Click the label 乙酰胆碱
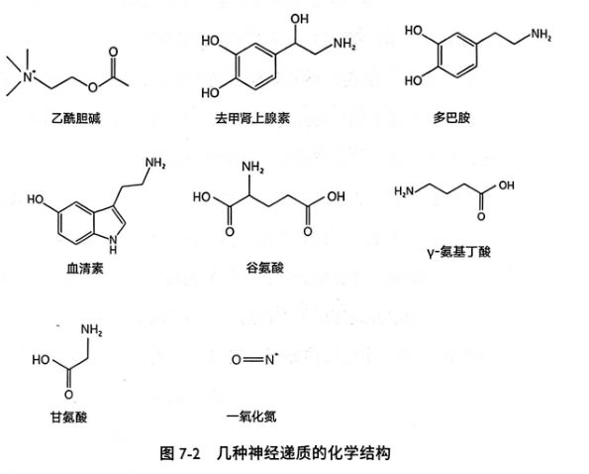[x=76, y=119]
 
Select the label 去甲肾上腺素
[x=252, y=118]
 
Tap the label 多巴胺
[x=451, y=118]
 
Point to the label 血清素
[x=85, y=268]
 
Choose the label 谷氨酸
[x=265, y=268]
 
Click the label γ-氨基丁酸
[x=459, y=251]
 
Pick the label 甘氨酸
[x=68, y=416]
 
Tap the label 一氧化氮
[x=251, y=416]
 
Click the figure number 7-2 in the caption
[x=189, y=453]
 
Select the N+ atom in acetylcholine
[x=29, y=76]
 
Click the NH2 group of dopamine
[x=540, y=35]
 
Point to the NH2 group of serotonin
[x=155, y=163]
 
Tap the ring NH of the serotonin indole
[x=113, y=243]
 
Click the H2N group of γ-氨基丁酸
[x=404, y=191]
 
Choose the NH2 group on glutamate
[x=252, y=167]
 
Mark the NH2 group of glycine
[x=92, y=330]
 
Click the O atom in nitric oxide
[x=237, y=360]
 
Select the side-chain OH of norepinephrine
[x=299, y=19]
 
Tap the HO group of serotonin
[x=36, y=199]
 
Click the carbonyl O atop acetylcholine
[x=113, y=52]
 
